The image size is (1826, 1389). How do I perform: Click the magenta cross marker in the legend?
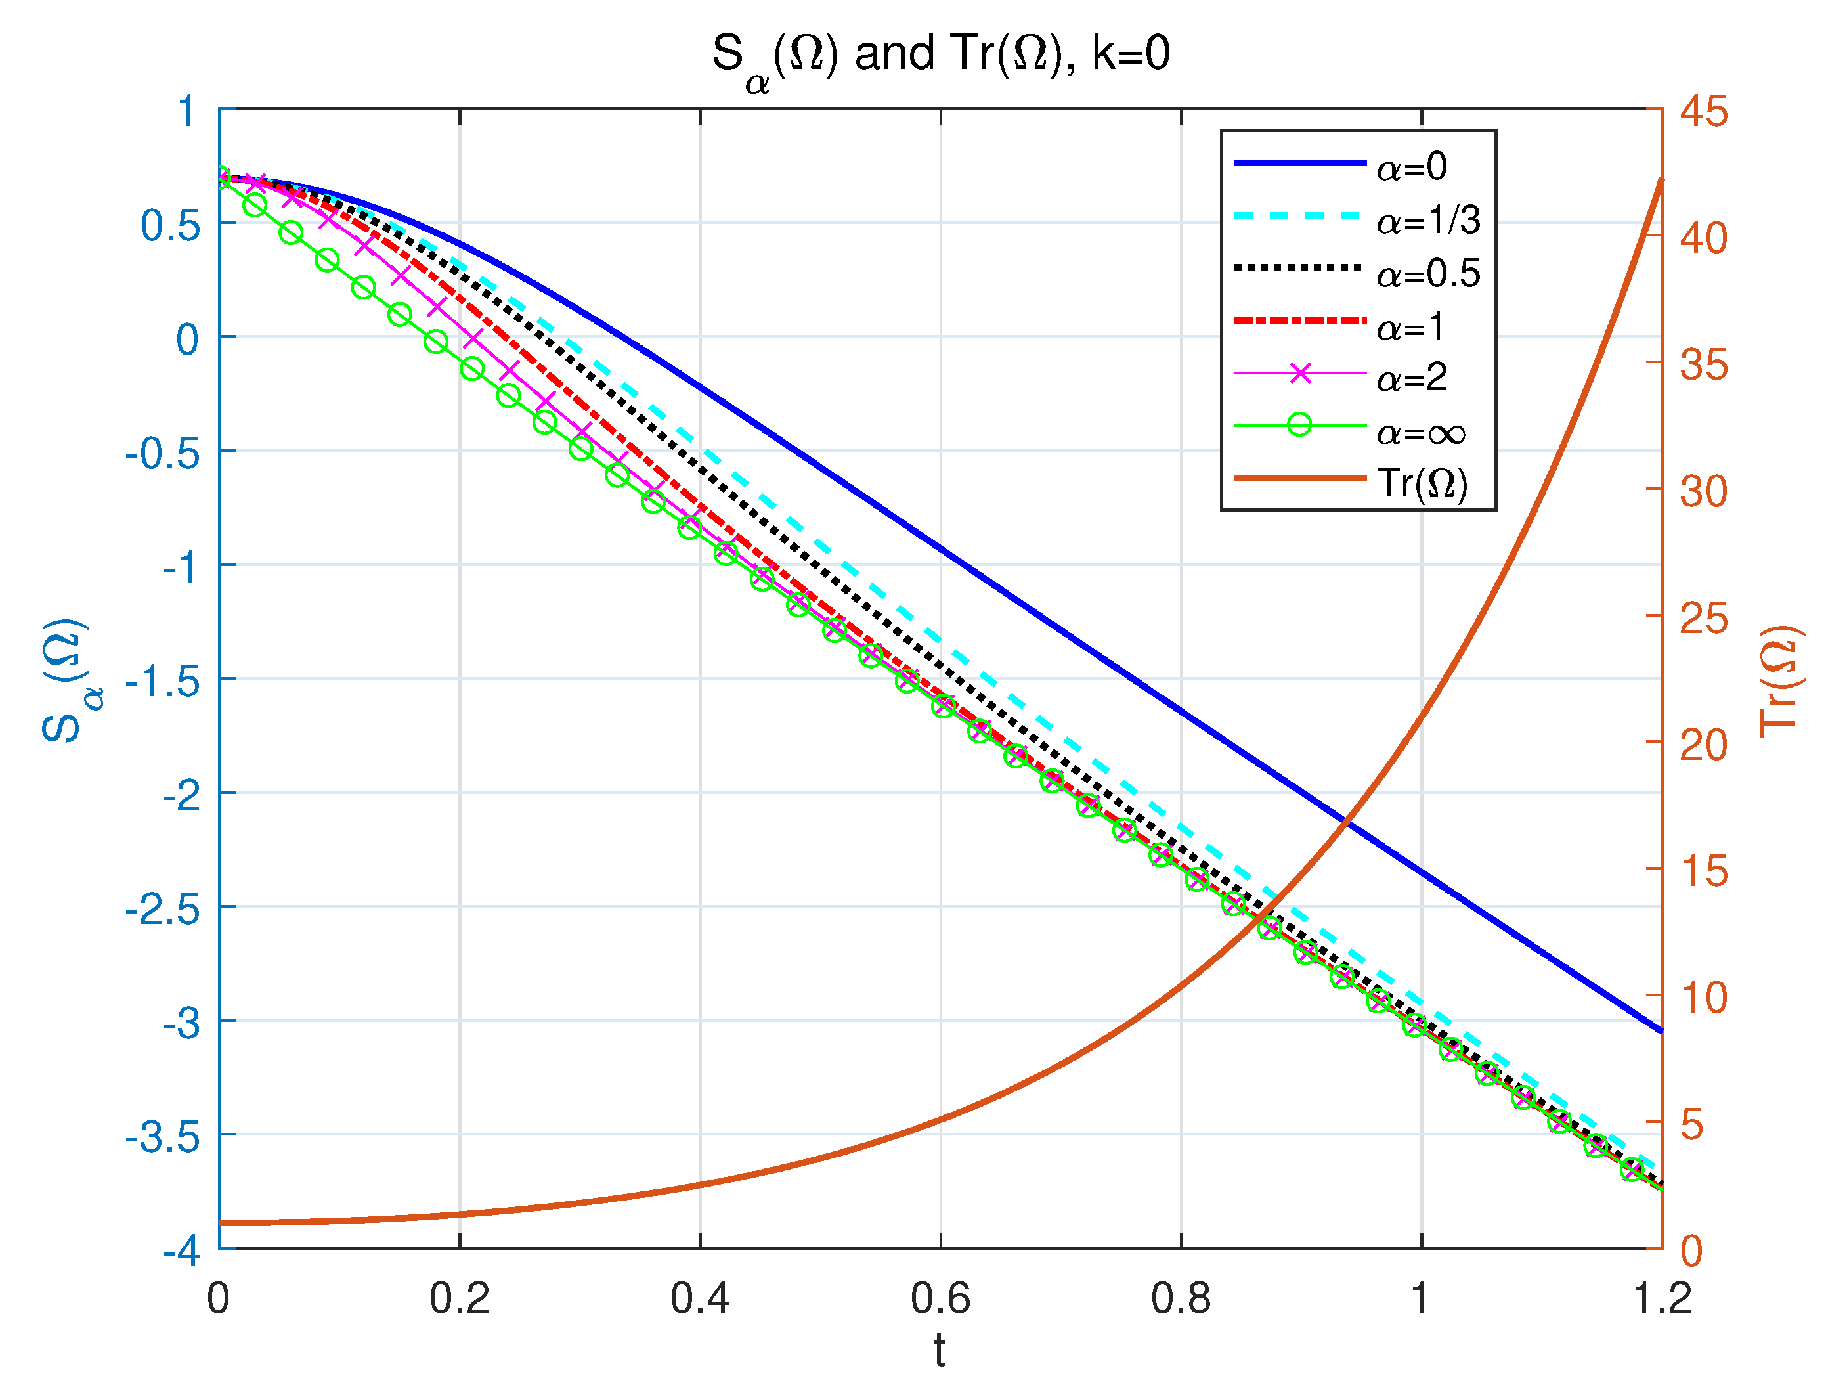1299,374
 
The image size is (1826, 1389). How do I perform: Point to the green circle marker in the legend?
1299,426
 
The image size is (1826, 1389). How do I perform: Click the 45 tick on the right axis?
1703,112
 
